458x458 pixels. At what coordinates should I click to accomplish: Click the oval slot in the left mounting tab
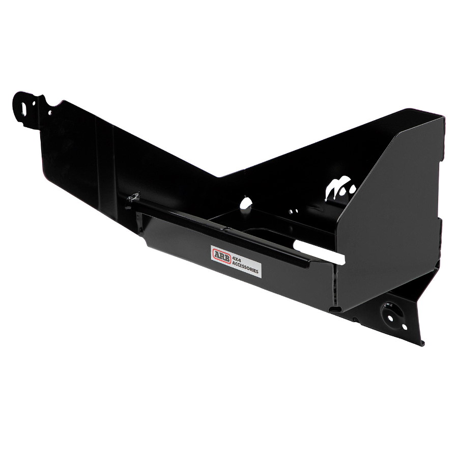coord(23,106)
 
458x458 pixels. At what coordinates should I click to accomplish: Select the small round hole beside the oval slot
coord(34,103)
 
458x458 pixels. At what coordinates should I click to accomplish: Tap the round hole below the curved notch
coord(50,112)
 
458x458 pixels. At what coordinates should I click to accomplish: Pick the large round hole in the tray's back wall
coord(246,203)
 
